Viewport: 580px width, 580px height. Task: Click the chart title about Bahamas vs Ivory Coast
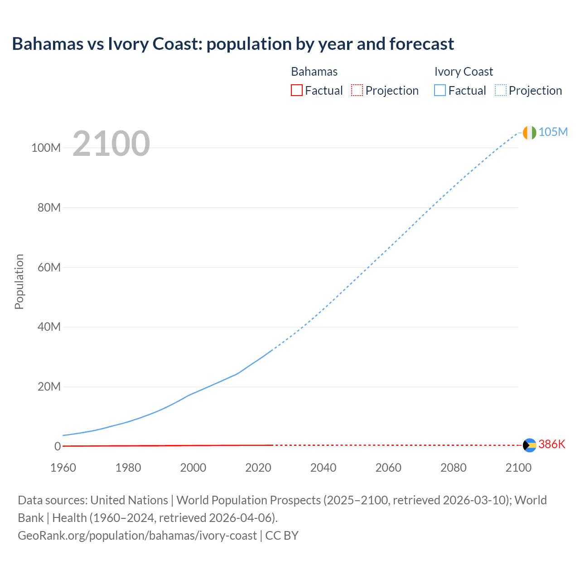click(x=233, y=44)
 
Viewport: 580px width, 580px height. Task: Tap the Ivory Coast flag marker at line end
click(x=529, y=132)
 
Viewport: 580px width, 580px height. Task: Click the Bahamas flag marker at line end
click(x=529, y=445)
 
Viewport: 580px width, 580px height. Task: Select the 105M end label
click(x=553, y=132)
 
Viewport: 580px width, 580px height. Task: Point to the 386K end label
click(x=552, y=444)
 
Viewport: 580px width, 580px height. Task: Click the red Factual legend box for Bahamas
click(x=296, y=90)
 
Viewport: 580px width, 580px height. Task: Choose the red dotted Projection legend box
click(x=357, y=90)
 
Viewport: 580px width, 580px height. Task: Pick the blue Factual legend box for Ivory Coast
click(x=440, y=90)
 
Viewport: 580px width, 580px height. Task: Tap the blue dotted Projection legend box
click(x=500, y=90)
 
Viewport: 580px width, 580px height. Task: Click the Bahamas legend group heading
click(x=314, y=72)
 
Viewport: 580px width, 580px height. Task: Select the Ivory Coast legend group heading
click(x=463, y=72)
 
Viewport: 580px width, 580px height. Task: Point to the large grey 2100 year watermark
click(x=111, y=144)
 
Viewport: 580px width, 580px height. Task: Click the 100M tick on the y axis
click(x=46, y=148)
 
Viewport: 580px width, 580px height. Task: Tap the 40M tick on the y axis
click(x=48, y=327)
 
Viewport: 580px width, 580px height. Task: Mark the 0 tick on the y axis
click(x=57, y=446)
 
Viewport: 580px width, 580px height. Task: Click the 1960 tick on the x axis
click(x=63, y=468)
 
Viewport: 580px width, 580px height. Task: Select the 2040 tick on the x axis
click(x=323, y=468)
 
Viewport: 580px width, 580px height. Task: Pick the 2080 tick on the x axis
click(x=453, y=468)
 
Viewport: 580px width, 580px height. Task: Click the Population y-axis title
click(x=19, y=281)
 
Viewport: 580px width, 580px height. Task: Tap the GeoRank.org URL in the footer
click(x=137, y=536)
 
